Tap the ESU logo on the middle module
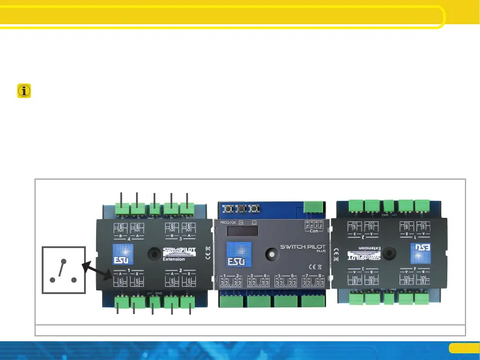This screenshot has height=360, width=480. coord(235,254)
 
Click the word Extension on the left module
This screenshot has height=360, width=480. coord(174,259)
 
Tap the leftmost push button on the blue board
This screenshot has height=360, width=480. coord(230,209)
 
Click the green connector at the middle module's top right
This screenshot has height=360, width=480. coord(313,208)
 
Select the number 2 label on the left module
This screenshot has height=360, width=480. coord(180,270)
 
